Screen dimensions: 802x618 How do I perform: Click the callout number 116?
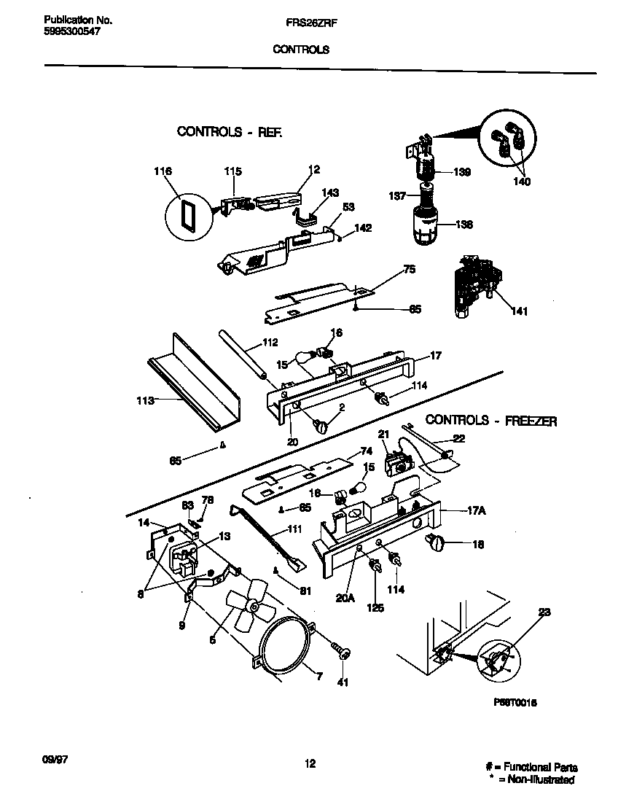pos(163,171)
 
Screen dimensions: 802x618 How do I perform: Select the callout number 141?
pos(520,311)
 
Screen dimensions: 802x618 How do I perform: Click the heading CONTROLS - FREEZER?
pos(490,421)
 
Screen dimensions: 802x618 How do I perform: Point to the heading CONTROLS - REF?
pos(229,132)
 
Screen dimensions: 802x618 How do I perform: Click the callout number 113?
pos(145,400)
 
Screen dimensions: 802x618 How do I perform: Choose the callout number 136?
pos(463,225)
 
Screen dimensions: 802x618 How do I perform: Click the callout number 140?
pos(522,182)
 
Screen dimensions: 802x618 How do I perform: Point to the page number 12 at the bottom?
pos(310,763)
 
